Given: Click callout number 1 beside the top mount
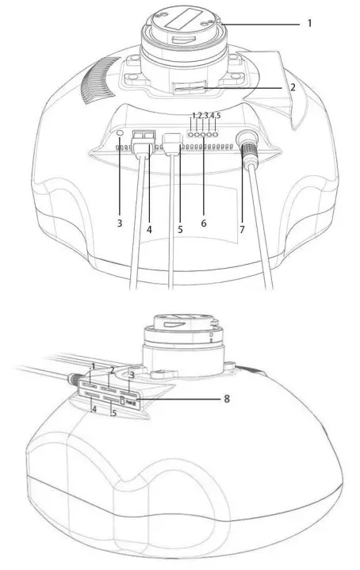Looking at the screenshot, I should (309, 23).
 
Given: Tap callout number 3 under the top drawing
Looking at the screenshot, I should (120, 224).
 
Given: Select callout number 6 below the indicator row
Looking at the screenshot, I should (204, 224).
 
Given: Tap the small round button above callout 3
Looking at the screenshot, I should (120, 134).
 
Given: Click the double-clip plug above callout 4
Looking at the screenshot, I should (144, 139).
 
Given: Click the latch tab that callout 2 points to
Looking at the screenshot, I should (184, 86).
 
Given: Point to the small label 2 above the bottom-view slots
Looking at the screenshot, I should (113, 370).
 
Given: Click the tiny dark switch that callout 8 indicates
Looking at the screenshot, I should (133, 404).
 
